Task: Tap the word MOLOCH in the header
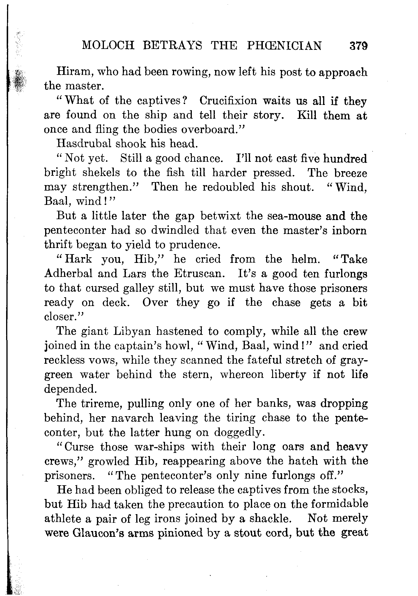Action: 108,46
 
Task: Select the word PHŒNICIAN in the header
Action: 284,46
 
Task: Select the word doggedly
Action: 239,432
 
